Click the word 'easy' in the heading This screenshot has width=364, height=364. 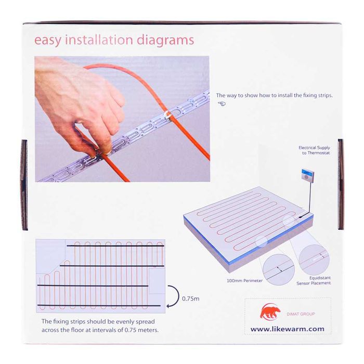[48, 41]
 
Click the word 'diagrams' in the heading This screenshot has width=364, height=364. [165, 40]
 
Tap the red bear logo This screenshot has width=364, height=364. [270, 311]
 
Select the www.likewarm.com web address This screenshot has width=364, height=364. [288, 329]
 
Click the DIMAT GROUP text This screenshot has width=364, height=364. [301, 314]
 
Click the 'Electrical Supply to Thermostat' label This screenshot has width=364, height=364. [314, 150]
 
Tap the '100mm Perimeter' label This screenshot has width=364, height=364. [245, 281]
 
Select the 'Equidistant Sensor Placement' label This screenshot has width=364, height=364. [314, 280]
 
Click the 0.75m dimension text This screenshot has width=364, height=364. [191, 299]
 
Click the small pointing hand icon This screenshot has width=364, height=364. [222, 103]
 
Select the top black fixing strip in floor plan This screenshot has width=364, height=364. [115, 245]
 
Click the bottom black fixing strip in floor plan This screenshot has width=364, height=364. [99, 306]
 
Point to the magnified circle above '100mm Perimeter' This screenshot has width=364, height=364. [278, 269]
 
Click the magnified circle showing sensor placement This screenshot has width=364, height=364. [314, 259]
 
